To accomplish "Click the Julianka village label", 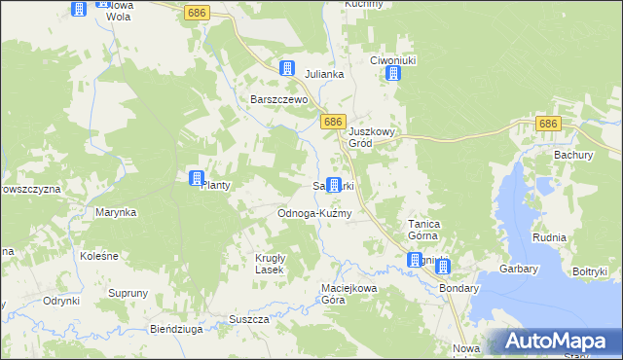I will [325, 74].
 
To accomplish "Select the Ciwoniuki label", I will [394, 60].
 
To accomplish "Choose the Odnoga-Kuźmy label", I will [314, 212].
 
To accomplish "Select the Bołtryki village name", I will [590, 271].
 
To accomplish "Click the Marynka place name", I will [116, 211].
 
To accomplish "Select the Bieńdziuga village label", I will [176, 329].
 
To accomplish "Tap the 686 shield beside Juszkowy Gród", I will [333, 122].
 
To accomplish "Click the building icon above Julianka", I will [287, 68].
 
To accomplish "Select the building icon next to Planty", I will [196, 179].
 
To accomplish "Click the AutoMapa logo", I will [554, 342].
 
